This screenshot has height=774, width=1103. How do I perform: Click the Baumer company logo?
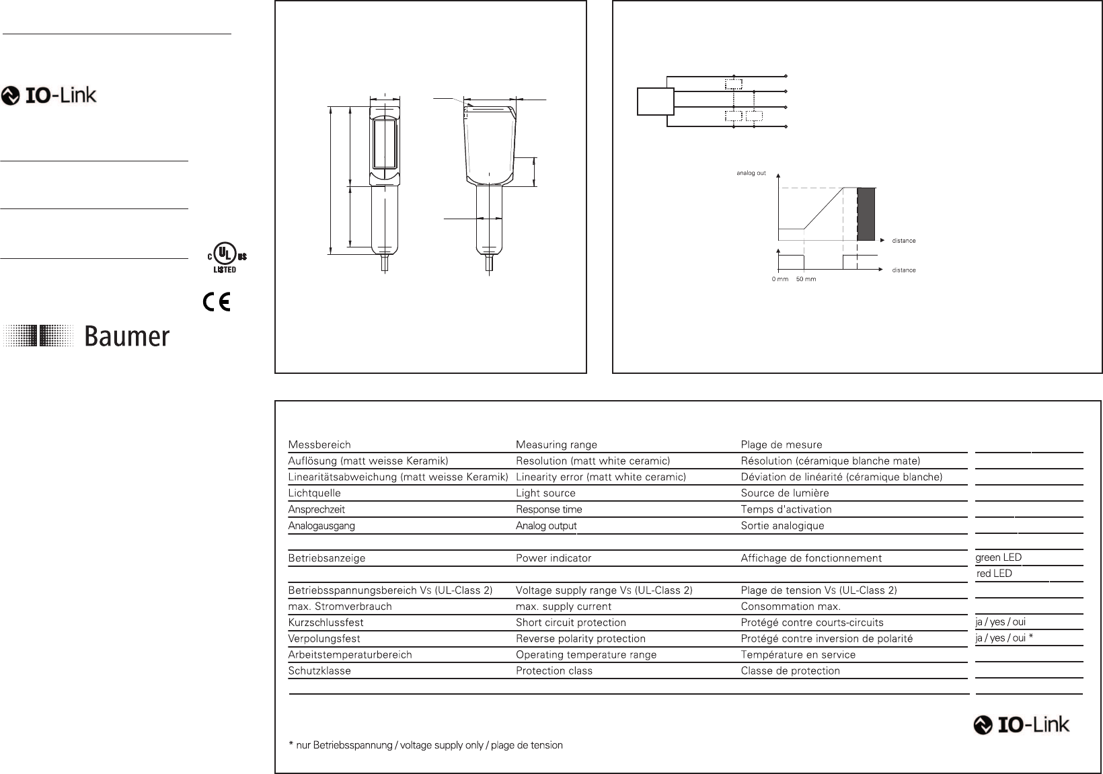pos(87,336)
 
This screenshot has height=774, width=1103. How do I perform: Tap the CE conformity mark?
pos(217,303)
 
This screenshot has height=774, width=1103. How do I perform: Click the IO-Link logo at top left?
pos(49,95)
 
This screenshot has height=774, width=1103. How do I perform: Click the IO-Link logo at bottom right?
pos(1022,725)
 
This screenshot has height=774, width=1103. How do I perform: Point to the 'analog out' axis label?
pos(751,173)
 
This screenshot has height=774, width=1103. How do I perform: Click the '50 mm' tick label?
pos(806,279)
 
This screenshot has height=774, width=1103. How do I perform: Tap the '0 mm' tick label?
pos(779,279)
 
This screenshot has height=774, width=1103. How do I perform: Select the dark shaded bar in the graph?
pos(867,215)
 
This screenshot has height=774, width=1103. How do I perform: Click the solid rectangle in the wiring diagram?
pos(656,102)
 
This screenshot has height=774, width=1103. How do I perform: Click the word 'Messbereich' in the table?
pos(319,445)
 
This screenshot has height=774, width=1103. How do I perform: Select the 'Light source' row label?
pos(545,493)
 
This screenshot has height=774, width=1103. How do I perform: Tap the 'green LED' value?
pos(999,557)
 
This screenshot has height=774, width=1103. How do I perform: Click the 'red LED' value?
pos(994,574)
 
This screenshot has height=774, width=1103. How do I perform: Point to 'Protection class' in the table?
pos(554,670)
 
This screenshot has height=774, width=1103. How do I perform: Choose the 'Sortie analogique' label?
pos(782,526)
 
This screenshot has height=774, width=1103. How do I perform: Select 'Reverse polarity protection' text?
pos(580,639)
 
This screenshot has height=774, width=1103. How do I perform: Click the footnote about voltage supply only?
pos(426,745)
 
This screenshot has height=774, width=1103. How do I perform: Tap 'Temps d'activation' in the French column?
pos(786,510)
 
